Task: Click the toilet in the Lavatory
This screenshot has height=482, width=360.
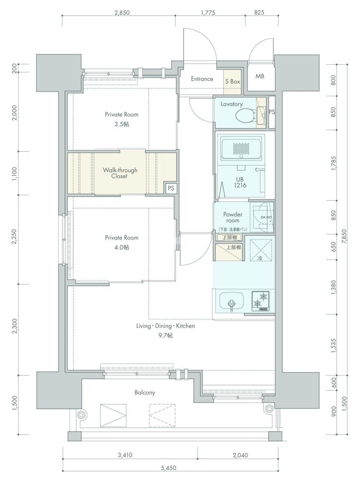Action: pyautogui.click(x=246, y=116)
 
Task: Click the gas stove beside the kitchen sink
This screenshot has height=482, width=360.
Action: pyautogui.click(x=261, y=301)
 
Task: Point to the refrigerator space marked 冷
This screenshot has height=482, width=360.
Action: pyautogui.click(x=260, y=250)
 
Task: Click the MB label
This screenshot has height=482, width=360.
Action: pyautogui.click(x=260, y=76)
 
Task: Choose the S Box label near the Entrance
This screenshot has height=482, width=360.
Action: pyautogui.click(x=232, y=81)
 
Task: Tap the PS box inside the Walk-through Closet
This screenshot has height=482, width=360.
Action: pyautogui.click(x=171, y=188)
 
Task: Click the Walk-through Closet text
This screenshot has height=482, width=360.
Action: pyautogui.click(x=120, y=173)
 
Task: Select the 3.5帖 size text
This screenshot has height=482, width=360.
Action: pyautogui.click(x=122, y=124)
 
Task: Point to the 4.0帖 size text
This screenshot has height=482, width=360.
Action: pyautogui.click(x=122, y=247)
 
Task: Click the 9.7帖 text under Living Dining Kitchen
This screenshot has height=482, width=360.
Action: pyautogui.click(x=165, y=335)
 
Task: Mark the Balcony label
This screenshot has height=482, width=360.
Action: pyautogui.click(x=145, y=393)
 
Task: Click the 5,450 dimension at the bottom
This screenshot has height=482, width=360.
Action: pyautogui.click(x=169, y=468)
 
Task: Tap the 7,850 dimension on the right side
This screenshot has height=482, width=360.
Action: pyautogui.click(x=344, y=236)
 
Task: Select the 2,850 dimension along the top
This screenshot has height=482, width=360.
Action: pyautogui.click(x=122, y=13)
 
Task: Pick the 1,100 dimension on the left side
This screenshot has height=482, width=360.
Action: pyautogui.click(x=15, y=173)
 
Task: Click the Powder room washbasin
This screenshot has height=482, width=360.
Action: pyautogui.click(x=261, y=217)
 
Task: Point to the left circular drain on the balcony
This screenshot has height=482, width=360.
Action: pyautogui.click(x=81, y=415)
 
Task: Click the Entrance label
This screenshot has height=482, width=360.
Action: pyautogui.click(x=202, y=79)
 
